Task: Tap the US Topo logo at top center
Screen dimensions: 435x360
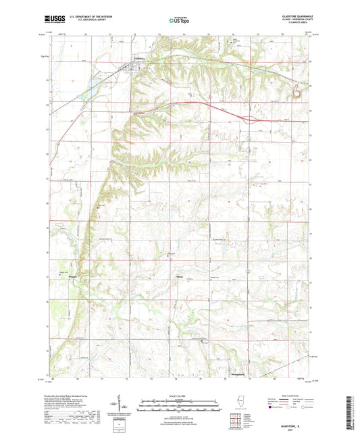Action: tap(179, 20)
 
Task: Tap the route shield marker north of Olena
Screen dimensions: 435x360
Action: tap(248, 269)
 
